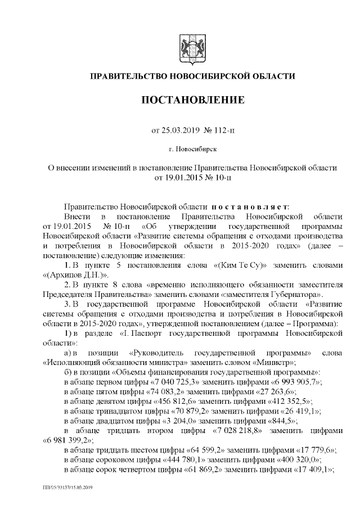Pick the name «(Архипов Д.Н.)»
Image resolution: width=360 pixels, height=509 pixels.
[74, 274]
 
